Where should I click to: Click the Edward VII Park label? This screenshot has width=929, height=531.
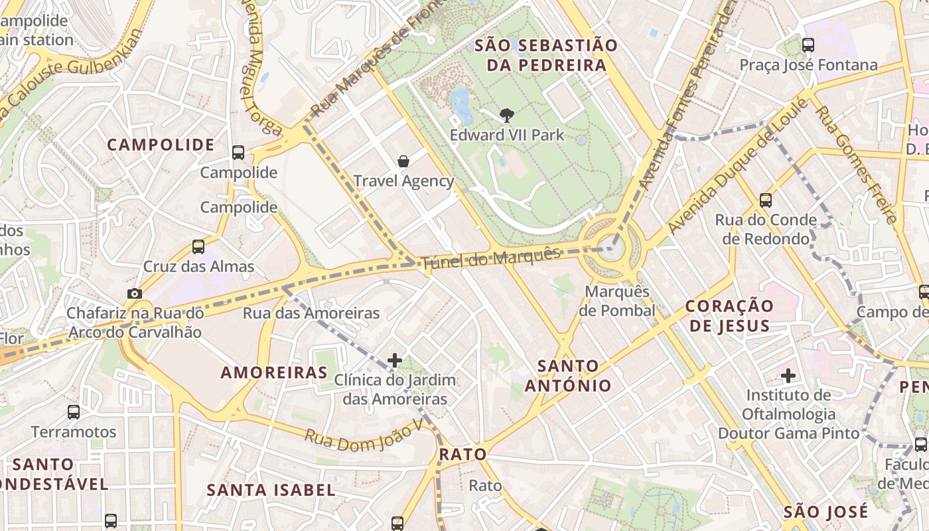pyautogui.click(x=507, y=135)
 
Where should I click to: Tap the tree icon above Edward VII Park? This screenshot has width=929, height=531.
pyautogui.click(x=507, y=115)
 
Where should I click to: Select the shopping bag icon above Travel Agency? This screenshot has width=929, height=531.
pyautogui.click(x=403, y=161)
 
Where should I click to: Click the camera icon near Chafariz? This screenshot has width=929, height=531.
pyautogui.click(x=135, y=293)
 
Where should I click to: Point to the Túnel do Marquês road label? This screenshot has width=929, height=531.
pyautogui.click(x=491, y=257)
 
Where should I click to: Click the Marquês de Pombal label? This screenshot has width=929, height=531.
pyautogui.click(x=616, y=301)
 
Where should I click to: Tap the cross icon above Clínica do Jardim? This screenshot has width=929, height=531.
pyautogui.click(x=395, y=360)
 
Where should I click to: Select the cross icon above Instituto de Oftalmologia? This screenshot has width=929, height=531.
pyautogui.click(x=788, y=376)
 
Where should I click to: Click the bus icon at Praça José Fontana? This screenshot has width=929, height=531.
pyautogui.click(x=808, y=45)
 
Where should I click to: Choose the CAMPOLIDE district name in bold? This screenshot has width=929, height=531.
pyautogui.click(x=161, y=145)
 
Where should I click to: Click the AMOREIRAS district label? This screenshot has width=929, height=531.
pyautogui.click(x=274, y=372)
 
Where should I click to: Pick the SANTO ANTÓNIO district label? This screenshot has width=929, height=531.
pyautogui.click(x=568, y=376)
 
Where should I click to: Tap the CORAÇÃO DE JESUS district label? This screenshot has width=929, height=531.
pyautogui.click(x=729, y=316)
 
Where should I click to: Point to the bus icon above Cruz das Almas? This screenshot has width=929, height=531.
pyautogui.click(x=198, y=247)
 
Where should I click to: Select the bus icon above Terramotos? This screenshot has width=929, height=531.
pyautogui.click(x=74, y=412)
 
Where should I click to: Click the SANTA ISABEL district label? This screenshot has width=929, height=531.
pyautogui.click(x=271, y=491)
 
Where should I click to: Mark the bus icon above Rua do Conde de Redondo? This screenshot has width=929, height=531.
pyautogui.click(x=766, y=200)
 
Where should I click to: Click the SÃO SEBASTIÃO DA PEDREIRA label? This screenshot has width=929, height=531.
pyautogui.click(x=547, y=55)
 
